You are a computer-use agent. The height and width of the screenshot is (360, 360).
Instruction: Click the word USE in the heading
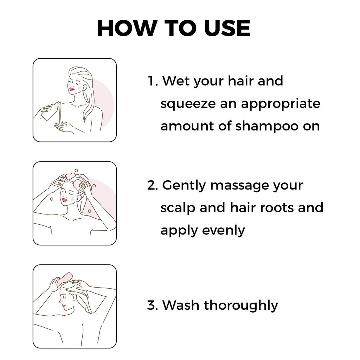click(227, 28)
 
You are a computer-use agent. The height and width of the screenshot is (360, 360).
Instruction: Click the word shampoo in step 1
click(267, 127)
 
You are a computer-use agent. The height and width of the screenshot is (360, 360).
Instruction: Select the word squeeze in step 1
click(188, 104)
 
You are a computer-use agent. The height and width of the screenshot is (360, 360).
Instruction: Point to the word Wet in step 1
click(176, 81)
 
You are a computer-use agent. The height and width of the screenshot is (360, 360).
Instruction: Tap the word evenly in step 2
click(224, 231)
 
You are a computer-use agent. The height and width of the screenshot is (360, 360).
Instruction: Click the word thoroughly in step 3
click(241, 306)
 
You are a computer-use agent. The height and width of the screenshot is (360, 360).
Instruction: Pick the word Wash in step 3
click(181, 306)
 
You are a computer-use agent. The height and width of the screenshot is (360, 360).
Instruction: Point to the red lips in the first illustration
click(72, 89)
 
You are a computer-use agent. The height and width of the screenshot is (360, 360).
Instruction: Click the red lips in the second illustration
click(65, 200)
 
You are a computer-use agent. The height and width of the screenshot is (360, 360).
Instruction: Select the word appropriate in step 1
click(280, 104)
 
